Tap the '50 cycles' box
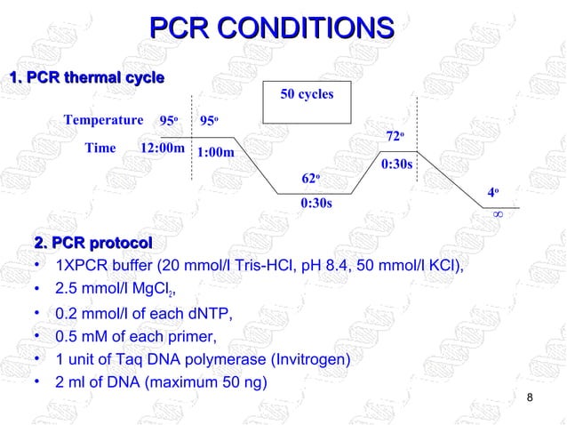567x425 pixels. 307,104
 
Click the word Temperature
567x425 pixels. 103,120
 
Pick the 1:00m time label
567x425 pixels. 216,152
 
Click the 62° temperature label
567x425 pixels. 310,180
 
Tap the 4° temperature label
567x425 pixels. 498,192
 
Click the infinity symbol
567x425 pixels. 499,214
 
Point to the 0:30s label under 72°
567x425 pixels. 396,164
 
